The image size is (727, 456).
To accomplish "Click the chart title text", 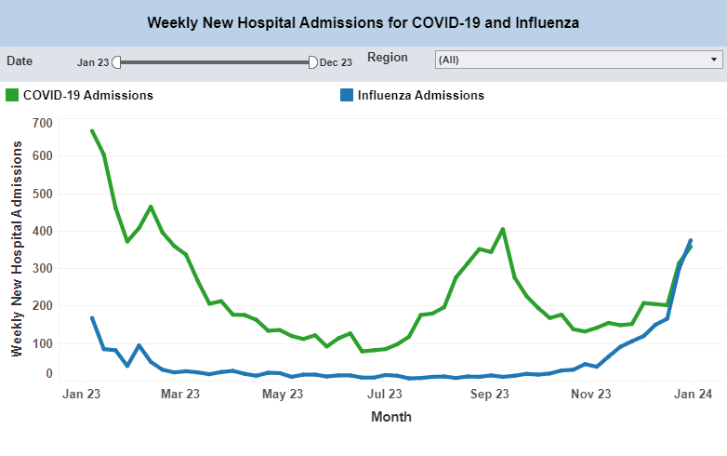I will tap(363, 22).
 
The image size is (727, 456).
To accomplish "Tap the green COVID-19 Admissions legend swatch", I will tap(12, 95).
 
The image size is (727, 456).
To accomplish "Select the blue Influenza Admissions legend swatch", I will tap(346, 95).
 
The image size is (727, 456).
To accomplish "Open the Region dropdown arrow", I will tap(714, 60).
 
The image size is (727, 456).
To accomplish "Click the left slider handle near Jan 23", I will tap(116, 62).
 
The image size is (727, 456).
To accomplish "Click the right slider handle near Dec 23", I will tap(312, 62).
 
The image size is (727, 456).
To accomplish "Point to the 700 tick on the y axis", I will tap(42, 123).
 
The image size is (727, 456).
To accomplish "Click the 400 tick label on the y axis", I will tap(42, 232).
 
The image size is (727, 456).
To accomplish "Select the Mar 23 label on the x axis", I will tap(180, 395).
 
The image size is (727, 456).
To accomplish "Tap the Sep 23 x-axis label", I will tap(489, 395).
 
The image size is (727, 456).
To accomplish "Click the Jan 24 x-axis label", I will tap(693, 395).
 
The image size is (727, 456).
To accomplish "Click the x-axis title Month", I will tap(390, 417).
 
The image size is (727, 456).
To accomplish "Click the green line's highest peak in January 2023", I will tap(92, 131).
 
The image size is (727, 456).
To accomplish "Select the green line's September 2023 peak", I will tap(503, 229).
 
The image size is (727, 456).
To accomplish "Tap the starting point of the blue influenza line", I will tap(92, 318).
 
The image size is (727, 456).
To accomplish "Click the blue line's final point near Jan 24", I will tap(691, 240).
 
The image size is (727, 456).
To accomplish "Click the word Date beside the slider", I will tap(20, 60).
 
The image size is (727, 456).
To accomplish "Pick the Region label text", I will tap(387, 58).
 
